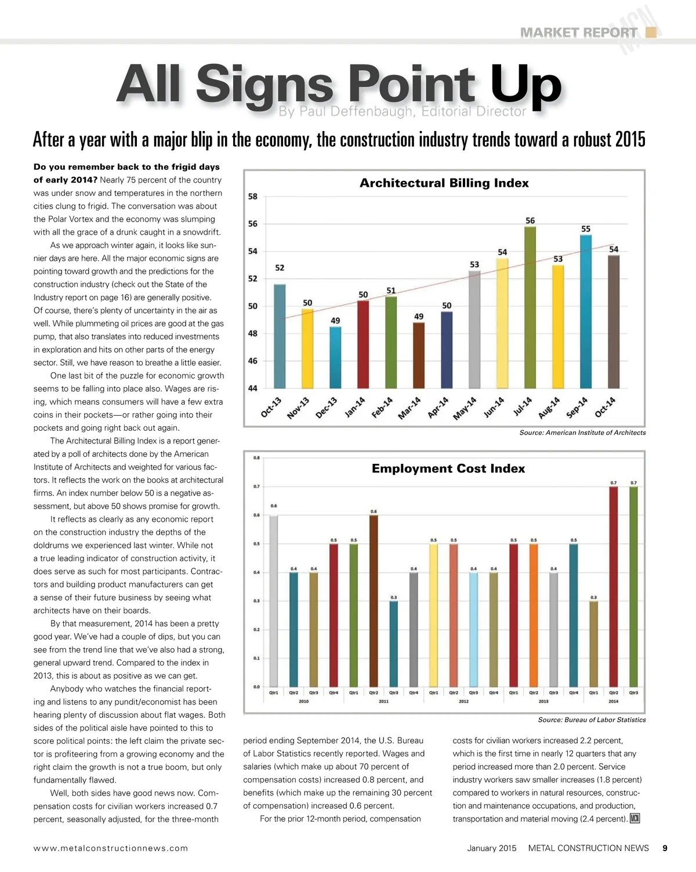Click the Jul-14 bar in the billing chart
pos(530,307)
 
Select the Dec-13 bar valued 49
pos(335,357)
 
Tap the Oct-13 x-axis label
pos(271,408)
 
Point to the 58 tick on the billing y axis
pos(253,197)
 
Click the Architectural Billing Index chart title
pos(444,183)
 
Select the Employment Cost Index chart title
pos(448,468)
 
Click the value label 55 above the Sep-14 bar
pos(586,229)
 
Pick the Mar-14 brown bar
pos(419,355)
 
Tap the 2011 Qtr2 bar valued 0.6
pos(374,600)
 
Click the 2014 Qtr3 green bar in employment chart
pos(633,586)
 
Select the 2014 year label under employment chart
pos(613,702)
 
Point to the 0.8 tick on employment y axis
pos(256,458)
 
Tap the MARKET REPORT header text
pos(578,32)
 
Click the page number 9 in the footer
pos(665,848)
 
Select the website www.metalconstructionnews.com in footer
pos(111,848)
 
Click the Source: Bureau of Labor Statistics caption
pos(592,720)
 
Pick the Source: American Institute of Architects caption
pos(582,433)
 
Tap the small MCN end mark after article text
pos(635,819)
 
